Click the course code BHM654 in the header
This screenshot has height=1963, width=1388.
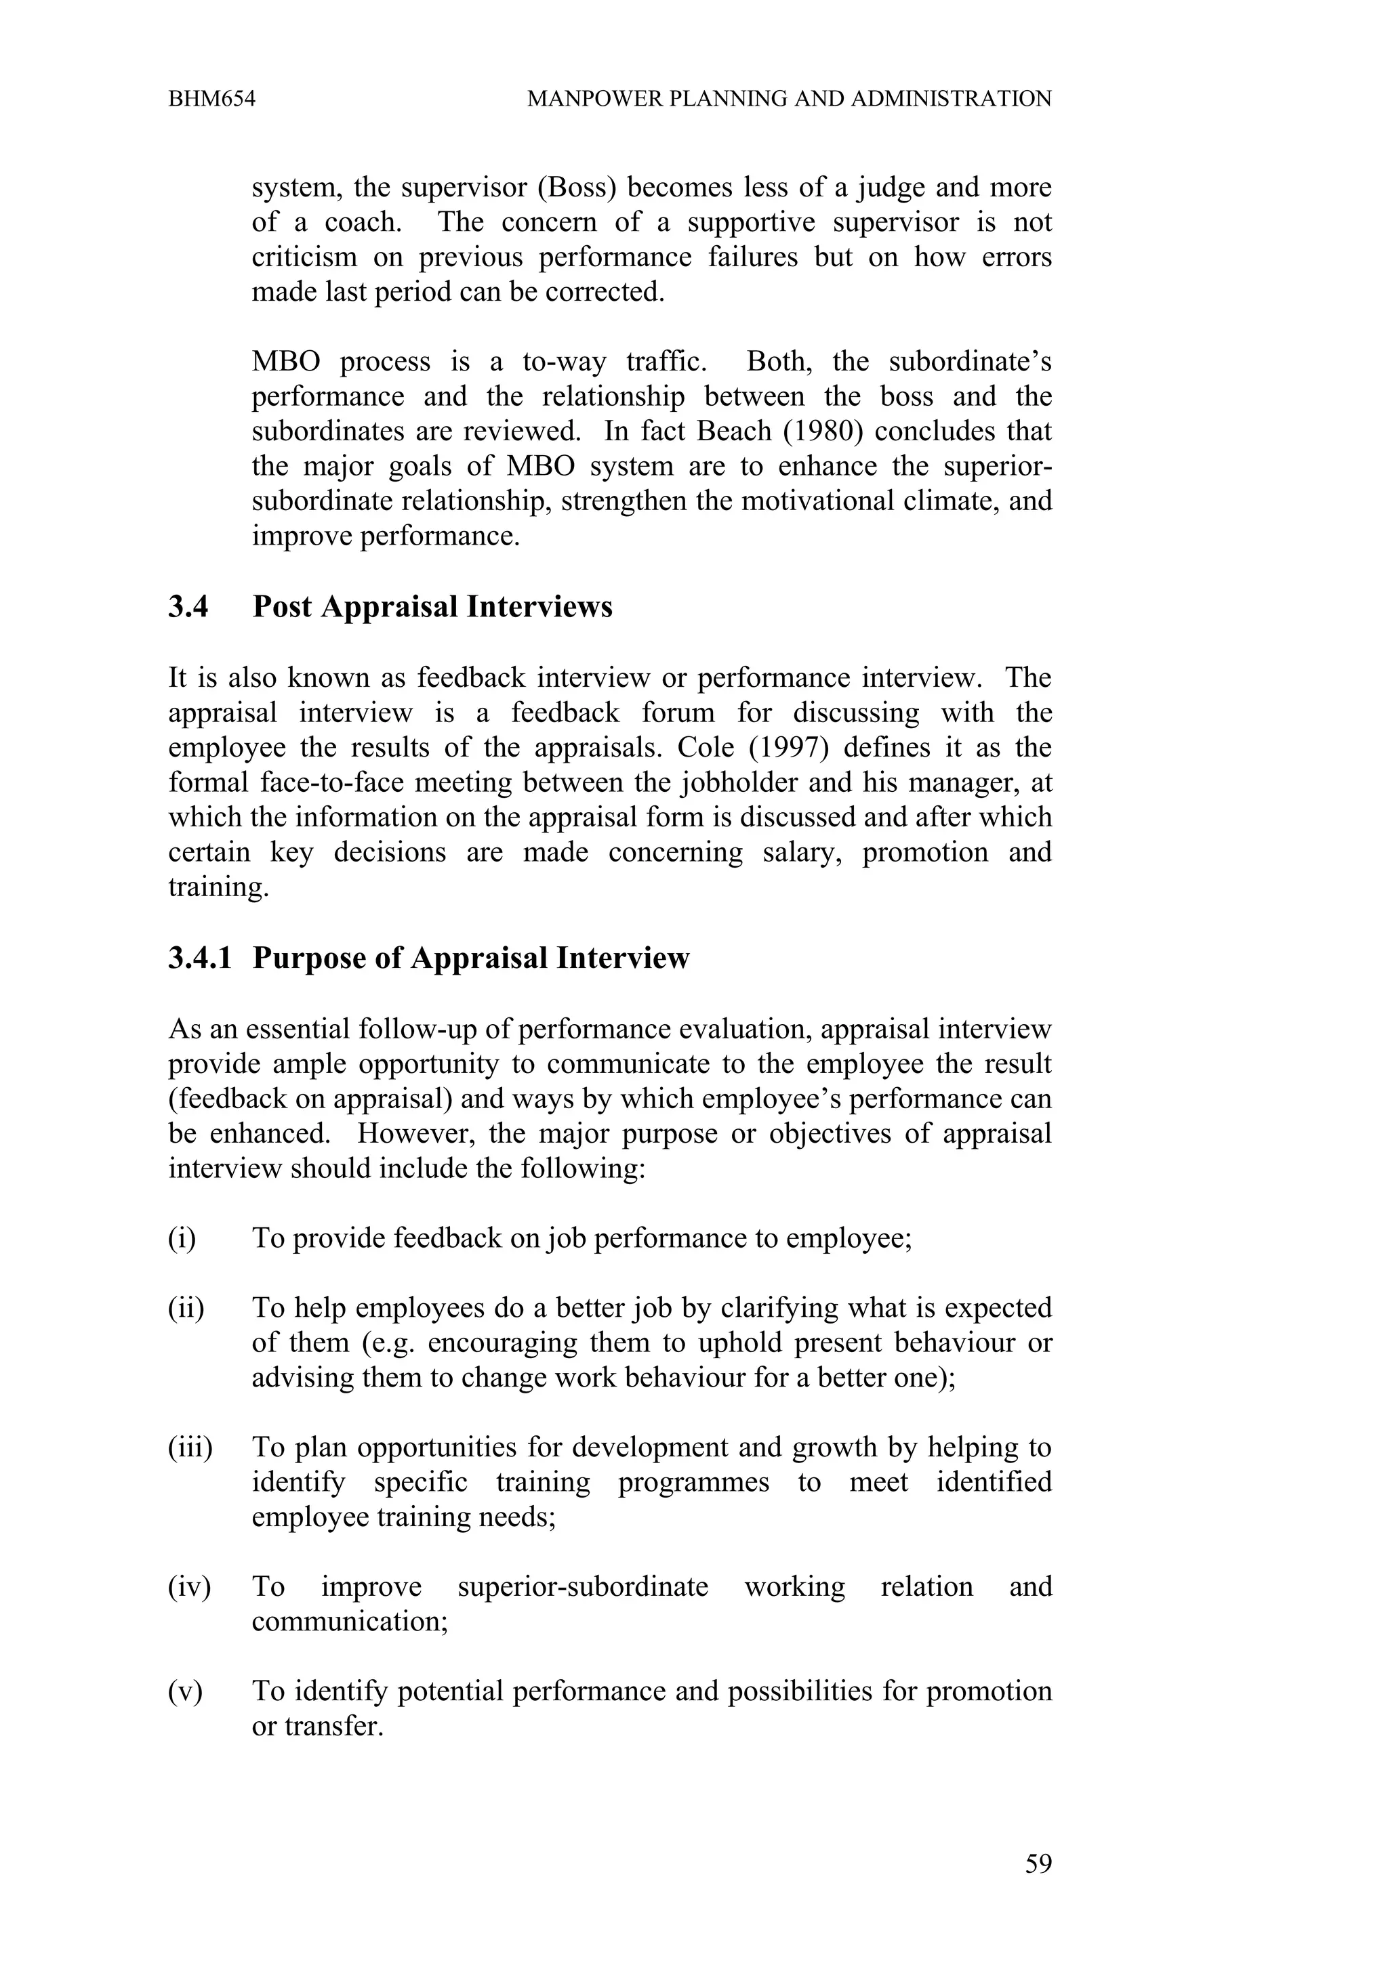coord(211,99)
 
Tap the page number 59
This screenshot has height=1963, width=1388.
coord(1038,1864)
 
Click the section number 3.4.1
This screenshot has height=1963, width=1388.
coord(200,958)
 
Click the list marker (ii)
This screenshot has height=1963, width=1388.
coord(186,1308)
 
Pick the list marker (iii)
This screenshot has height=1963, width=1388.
coord(190,1448)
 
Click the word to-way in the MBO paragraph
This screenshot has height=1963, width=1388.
coord(564,361)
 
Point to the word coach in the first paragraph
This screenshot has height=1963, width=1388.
coord(363,222)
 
